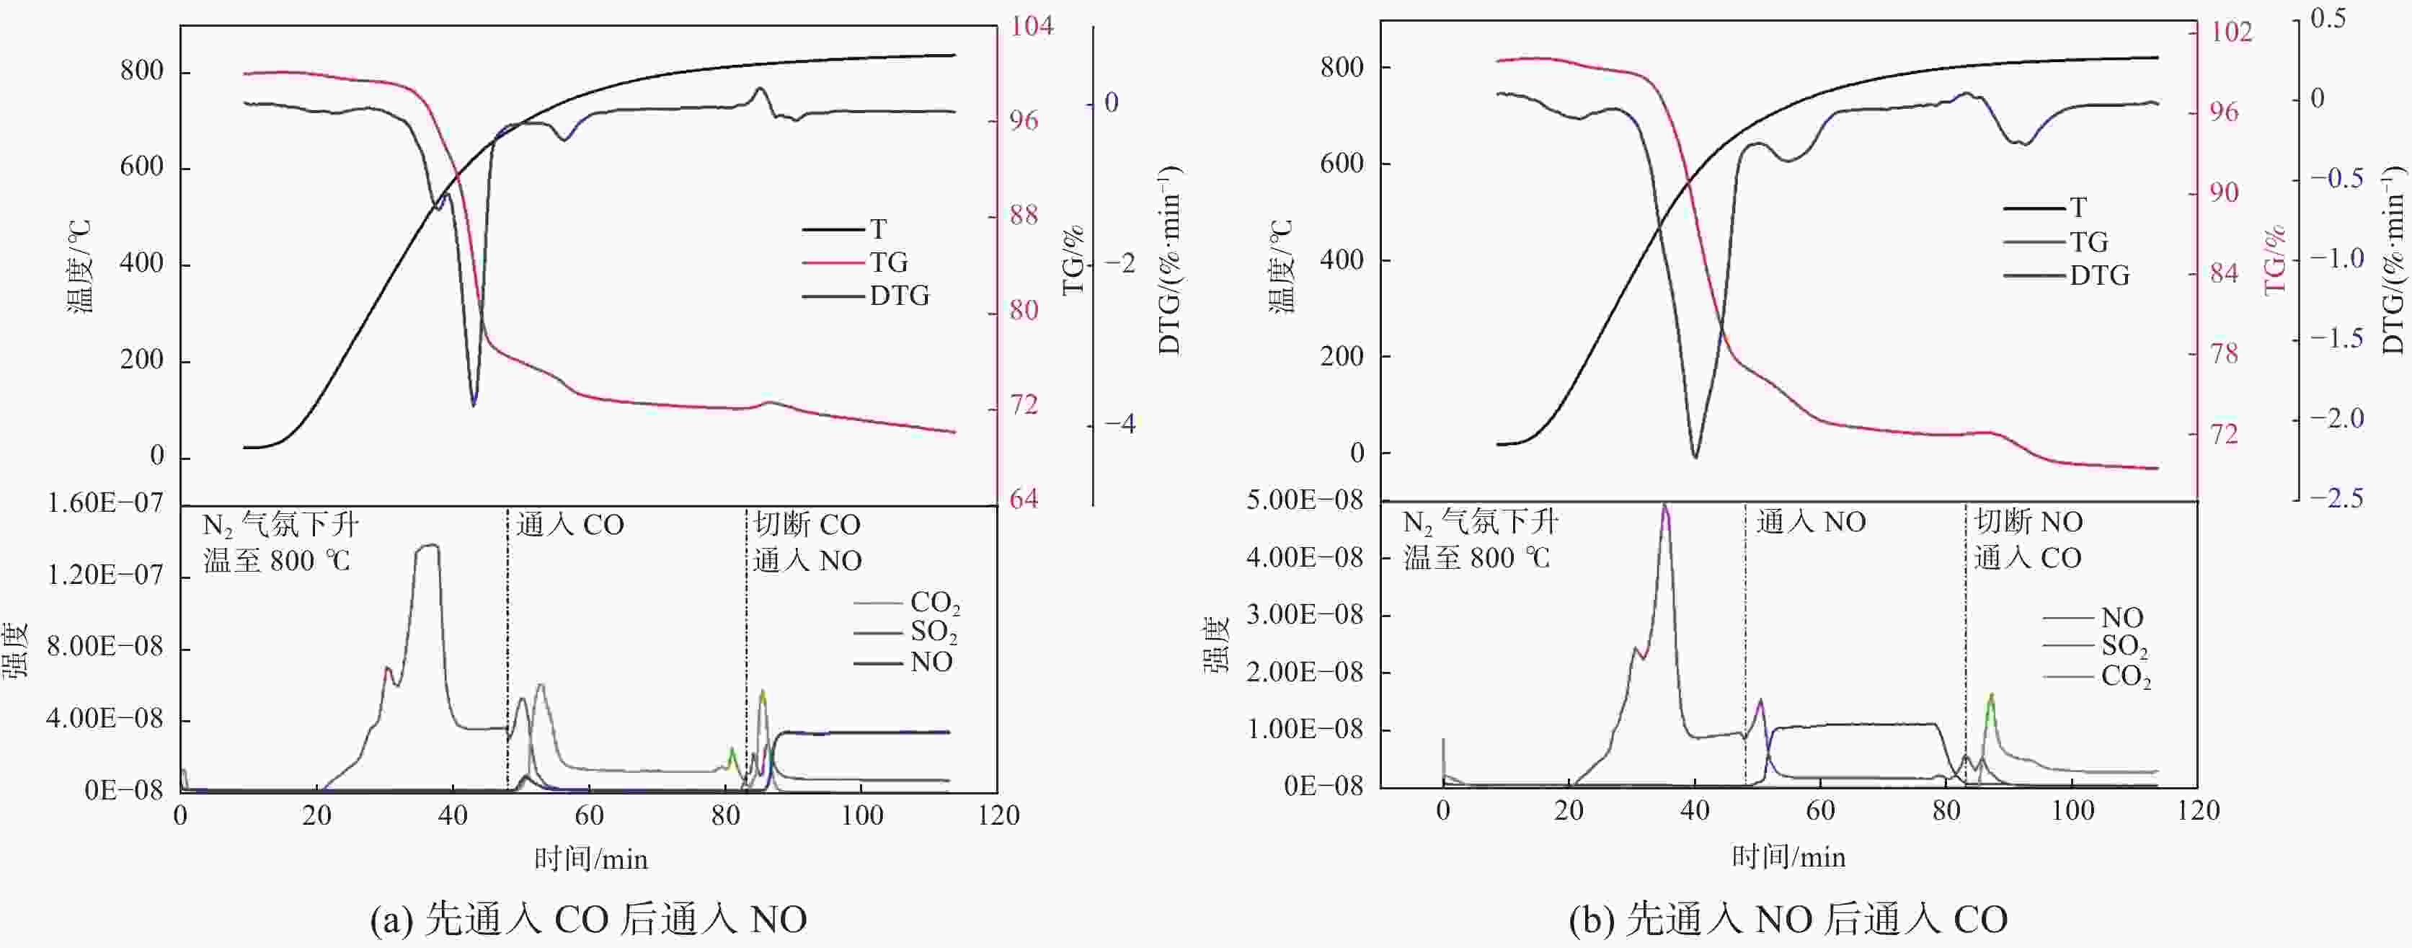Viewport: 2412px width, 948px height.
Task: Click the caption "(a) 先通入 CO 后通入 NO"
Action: [x=588, y=919]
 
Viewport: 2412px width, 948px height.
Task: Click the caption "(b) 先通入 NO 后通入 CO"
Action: [x=1788, y=919]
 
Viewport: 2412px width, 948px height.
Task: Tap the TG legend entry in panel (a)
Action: [x=887, y=262]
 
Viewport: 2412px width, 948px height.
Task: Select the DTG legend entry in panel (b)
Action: [x=2099, y=275]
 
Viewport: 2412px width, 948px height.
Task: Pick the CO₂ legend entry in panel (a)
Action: [x=934, y=603]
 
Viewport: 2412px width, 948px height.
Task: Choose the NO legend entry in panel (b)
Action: [x=2121, y=617]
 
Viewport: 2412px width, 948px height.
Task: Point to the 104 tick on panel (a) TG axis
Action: [x=1031, y=25]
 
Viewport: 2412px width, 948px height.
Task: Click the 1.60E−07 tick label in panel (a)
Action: [x=105, y=503]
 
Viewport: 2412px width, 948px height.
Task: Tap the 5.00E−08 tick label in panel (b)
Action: [x=1304, y=500]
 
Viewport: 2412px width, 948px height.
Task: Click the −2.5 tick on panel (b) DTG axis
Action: [x=2337, y=497]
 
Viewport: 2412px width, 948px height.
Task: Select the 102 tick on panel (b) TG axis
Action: [x=2231, y=32]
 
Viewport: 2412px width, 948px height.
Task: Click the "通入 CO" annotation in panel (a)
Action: [x=570, y=525]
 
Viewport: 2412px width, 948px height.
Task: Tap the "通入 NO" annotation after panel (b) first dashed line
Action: [x=1811, y=522]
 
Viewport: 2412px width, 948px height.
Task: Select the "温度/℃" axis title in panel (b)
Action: [x=1281, y=266]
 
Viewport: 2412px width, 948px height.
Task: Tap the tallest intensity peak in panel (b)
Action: [x=1664, y=507]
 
